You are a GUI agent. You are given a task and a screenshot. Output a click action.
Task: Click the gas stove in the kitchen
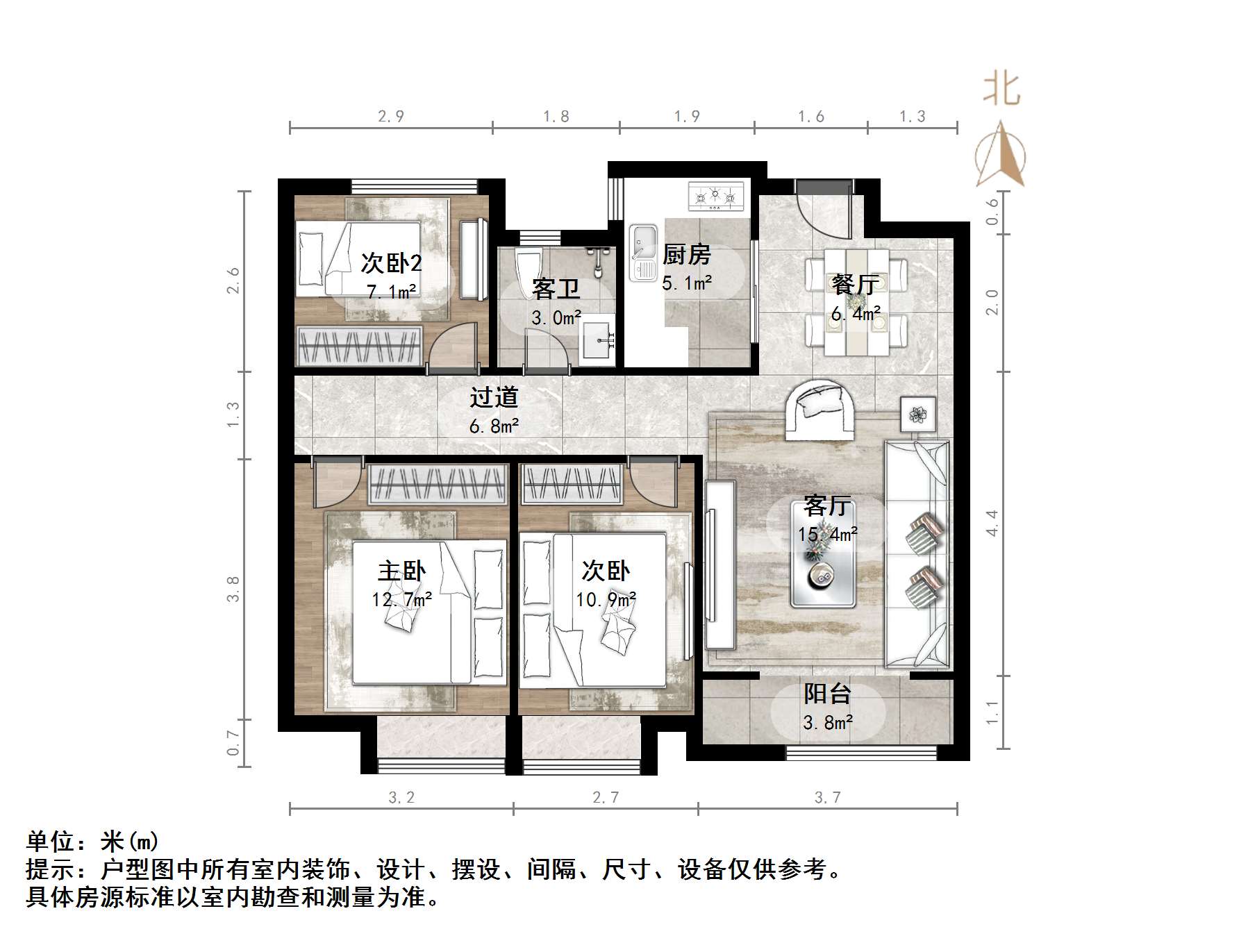pyautogui.click(x=715, y=197)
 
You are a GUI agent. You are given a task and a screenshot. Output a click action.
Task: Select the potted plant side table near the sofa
pyautogui.click(x=918, y=415)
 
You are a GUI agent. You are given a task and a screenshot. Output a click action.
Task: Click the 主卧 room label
pyautogui.click(x=401, y=571)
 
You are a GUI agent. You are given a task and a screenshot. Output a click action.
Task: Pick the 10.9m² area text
pyautogui.click(x=606, y=599)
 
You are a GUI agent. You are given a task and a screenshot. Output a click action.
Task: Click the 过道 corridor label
pyautogui.click(x=494, y=397)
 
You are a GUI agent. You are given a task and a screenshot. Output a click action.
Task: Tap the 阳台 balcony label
pyautogui.click(x=827, y=694)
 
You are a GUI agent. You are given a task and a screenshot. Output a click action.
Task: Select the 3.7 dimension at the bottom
pyautogui.click(x=827, y=798)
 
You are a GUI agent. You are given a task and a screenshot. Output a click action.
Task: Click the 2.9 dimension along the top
pyautogui.click(x=390, y=117)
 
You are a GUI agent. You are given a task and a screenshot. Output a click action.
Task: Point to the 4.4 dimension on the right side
pyautogui.click(x=992, y=523)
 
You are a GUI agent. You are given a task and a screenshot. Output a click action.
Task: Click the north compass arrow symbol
pyautogui.click(x=1000, y=156)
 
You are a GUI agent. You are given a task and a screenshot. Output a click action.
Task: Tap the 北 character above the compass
pyautogui.click(x=1001, y=90)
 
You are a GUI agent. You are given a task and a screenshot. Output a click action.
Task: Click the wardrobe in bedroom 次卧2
pyautogui.click(x=359, y=344)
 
